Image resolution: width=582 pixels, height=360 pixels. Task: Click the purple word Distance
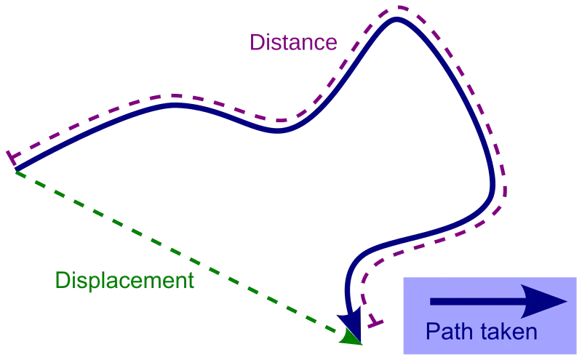point(293,42)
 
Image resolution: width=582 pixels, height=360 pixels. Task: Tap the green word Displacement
point(124,280)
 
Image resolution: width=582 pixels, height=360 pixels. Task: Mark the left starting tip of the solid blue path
point(15,171)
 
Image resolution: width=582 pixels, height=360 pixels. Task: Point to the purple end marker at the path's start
point(10,156)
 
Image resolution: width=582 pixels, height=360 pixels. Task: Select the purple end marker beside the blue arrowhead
point(374,321)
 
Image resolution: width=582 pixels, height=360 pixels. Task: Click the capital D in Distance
point(256,42)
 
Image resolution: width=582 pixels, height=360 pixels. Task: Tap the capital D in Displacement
point(60,280)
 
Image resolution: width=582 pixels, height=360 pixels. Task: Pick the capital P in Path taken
point(431,332)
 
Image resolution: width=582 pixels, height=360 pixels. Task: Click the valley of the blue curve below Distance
point(277,132)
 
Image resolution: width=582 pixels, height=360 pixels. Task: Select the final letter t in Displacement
point(191,280)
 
